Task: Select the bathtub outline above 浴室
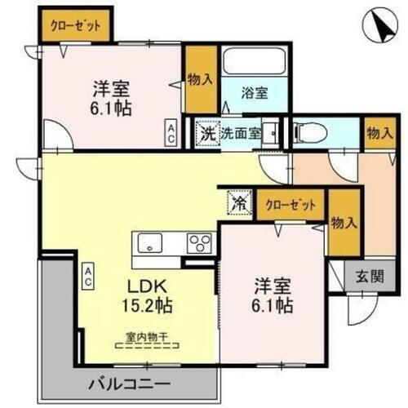pos(254,64)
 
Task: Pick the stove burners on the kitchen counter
pos(199,243)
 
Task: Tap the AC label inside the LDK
pos(87,275)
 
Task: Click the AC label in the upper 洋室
pos(171,132)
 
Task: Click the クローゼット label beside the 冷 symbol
pos(290,204)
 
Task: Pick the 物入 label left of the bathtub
pos(200,79)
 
